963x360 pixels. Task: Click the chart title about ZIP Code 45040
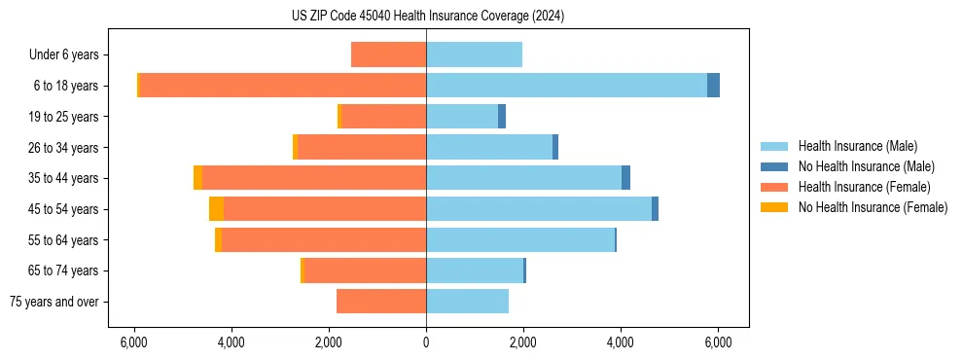click(x=427, y=17)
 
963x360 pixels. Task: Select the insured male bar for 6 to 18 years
click(x=566, y=86)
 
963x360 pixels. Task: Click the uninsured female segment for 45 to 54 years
click(x=216, y=209)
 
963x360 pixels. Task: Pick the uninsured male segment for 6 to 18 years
click(x=713, y=86)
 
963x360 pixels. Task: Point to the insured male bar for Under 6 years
click(x=474, y=54)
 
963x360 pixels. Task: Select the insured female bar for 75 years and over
click(x=381, y=302)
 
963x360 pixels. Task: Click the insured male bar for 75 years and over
click(x=467, y=302)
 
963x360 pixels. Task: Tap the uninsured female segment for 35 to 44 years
click(x=197, y=178)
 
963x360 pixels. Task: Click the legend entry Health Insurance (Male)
click(x=856, y=146)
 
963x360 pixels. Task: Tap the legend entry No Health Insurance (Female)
click(x=873, y=207)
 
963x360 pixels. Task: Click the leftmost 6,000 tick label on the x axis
click(x=133, y=342)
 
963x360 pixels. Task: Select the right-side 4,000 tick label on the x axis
click(x=621, y=342)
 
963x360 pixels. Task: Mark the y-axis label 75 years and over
click(x=54, y=302)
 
